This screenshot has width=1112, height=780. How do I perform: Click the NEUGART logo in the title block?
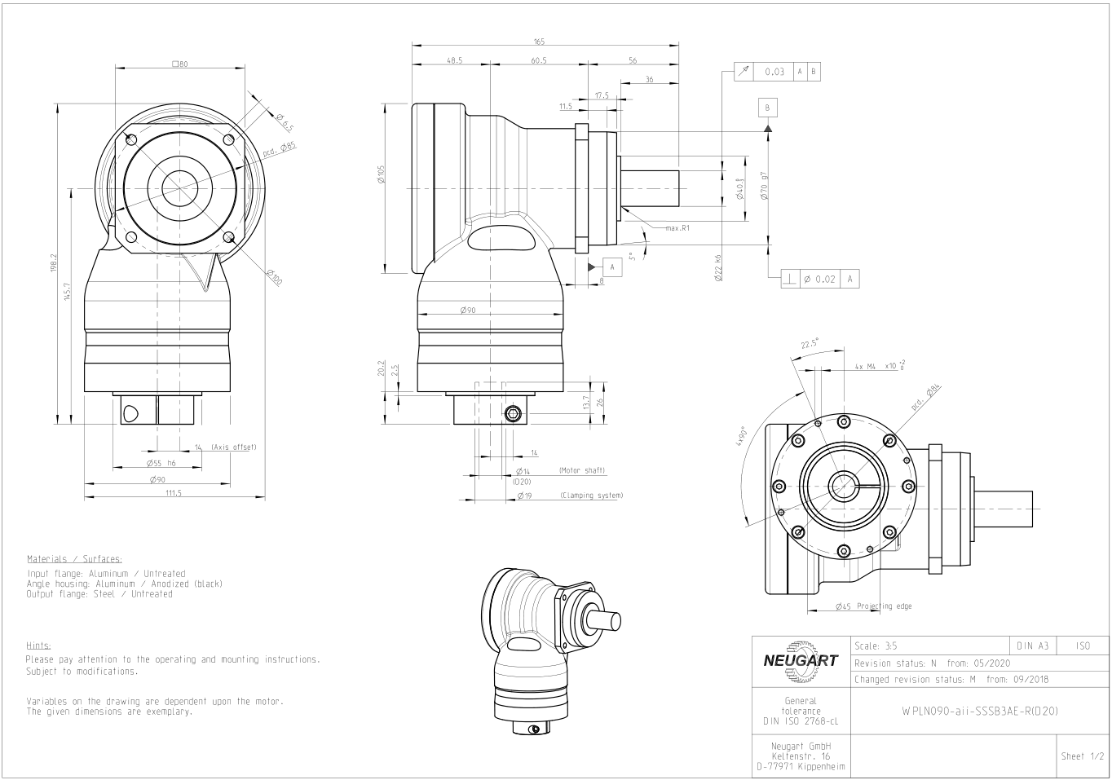pos(801,661)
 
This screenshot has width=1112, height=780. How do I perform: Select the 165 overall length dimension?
pos(539,42)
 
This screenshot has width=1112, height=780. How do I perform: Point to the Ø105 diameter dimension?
pos(382,174)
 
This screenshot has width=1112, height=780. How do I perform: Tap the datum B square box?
pos(767,108)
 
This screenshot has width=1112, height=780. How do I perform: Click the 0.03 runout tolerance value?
pos(774,72)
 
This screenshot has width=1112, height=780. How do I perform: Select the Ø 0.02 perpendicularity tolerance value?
pos(819,279)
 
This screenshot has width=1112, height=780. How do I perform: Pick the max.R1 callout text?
pos(677,228)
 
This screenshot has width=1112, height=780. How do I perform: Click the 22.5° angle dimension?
pos(810,345)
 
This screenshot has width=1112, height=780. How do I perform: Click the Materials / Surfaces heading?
pos(74,559)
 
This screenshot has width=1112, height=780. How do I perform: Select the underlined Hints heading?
pos(38,645)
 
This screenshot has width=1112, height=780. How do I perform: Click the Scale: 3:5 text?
pos(876,646)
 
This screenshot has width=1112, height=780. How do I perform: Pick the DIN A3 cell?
pos(1033,646)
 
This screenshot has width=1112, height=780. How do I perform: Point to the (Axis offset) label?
pos(233,447)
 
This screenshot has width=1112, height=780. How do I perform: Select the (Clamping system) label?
pos(591,496)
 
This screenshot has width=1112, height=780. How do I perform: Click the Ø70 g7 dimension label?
pos(764,186)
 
